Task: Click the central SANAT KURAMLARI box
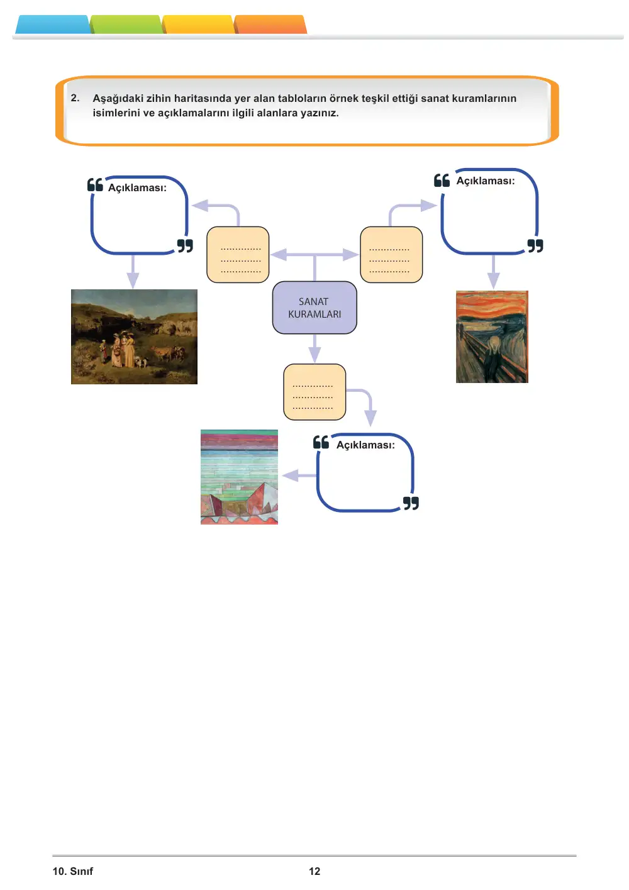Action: (314, 308)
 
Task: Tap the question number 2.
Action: (75, 97)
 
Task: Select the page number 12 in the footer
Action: (314, 871)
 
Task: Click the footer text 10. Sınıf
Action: (73, 871)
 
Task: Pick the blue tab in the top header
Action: (53, 25)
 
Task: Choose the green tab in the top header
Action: (126, 25)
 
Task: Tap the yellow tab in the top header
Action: (198, 25)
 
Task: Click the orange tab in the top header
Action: (270, 25)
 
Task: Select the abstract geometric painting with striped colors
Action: (239, 477)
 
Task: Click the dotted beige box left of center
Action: (238, 255)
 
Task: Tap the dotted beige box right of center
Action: (391, 255)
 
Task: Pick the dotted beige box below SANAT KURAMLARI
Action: (314, 392)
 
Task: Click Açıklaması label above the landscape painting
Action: (137, 187)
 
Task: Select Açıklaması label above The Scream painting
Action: (485, 181)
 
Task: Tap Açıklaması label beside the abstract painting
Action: (365, 445)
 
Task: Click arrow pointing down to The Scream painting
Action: (493, 272)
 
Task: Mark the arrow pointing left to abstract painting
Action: (299, 476)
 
